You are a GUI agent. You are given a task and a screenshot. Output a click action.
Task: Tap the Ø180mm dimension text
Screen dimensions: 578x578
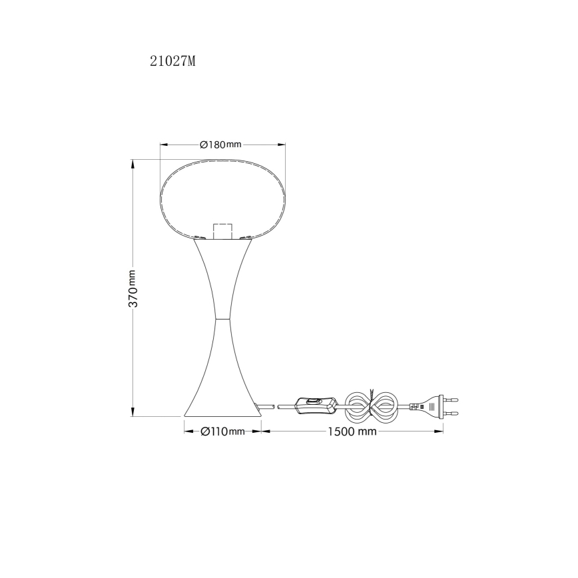point(220,144)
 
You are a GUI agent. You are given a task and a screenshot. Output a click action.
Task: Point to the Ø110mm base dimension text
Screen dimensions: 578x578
point(222,432)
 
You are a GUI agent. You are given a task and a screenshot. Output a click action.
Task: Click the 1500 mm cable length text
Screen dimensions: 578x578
point(352,432)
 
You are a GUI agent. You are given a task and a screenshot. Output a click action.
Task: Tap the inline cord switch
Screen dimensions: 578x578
point(316,404)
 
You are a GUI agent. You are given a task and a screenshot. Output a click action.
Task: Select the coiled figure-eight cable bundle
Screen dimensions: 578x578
point(374,404)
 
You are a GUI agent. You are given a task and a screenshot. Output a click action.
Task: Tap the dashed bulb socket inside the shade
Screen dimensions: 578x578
point(223,230)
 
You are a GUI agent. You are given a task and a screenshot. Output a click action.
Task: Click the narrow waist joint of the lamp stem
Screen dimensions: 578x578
point(223,319)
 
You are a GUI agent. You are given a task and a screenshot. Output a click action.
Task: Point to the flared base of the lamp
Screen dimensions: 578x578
point(223,400)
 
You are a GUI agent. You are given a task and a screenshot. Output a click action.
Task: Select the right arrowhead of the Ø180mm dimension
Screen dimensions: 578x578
point(282,144)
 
